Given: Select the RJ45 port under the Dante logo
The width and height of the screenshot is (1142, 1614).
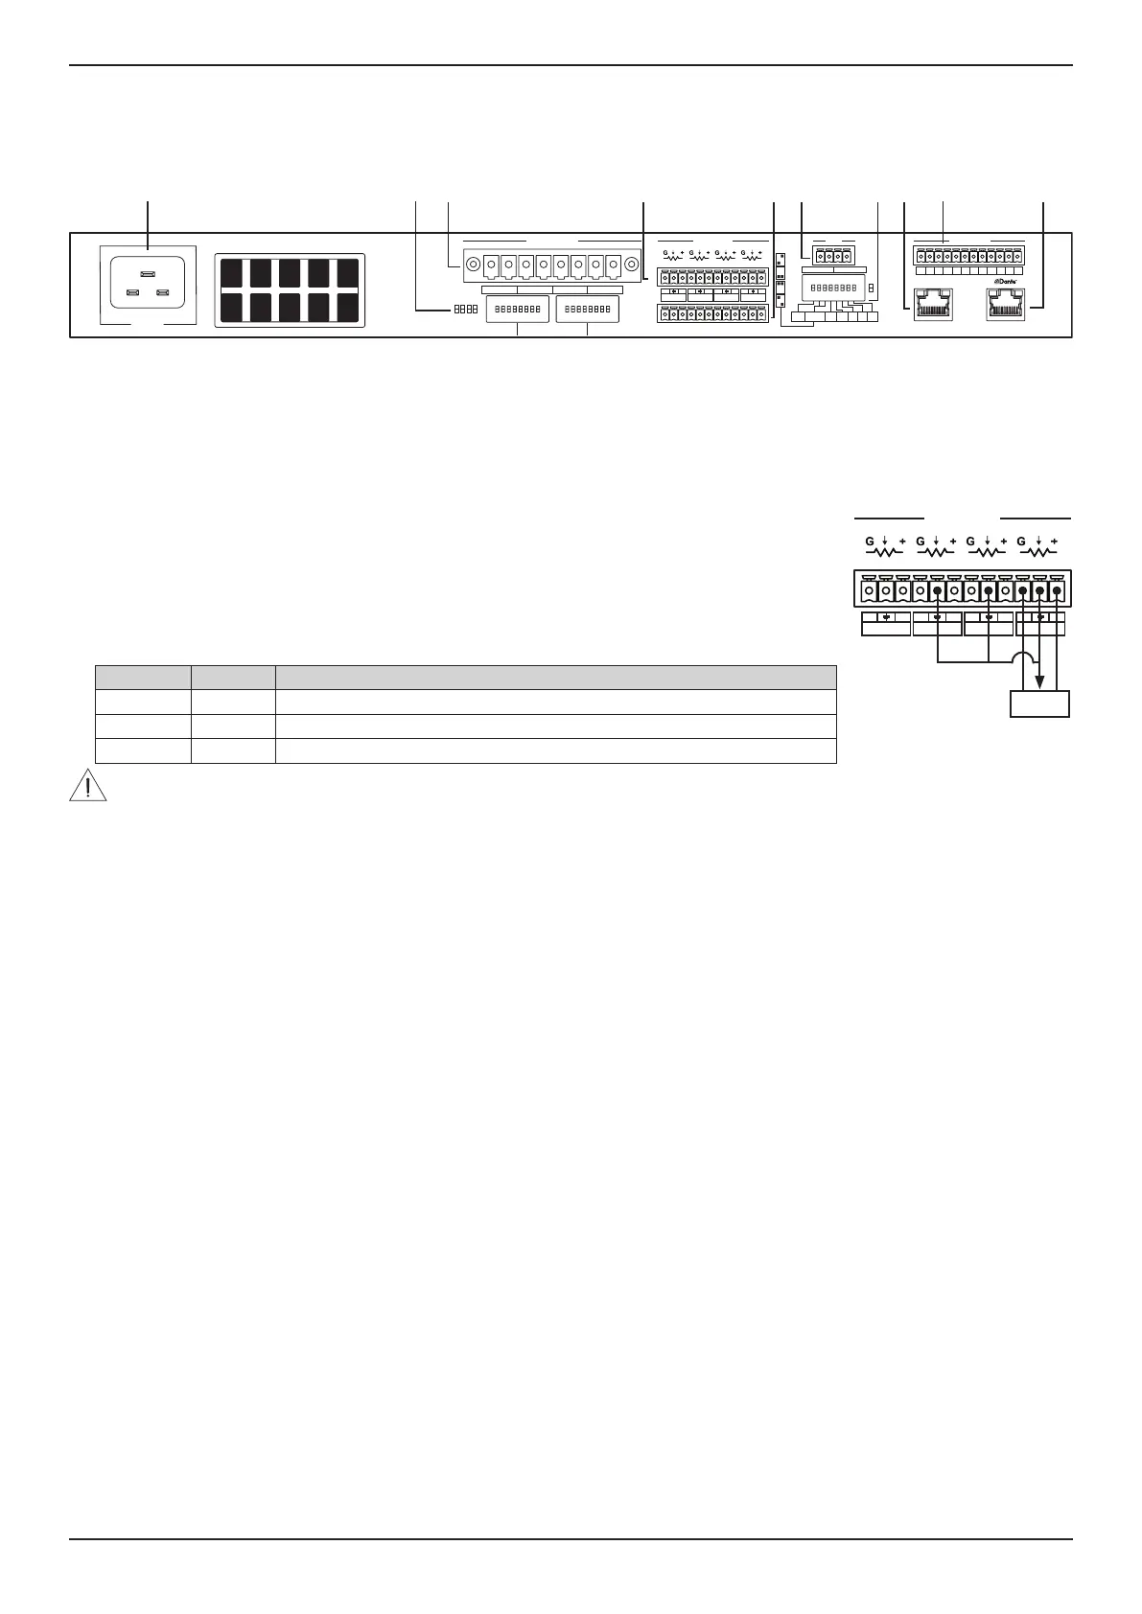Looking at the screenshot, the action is pyautogui.click(x=1005, y=306).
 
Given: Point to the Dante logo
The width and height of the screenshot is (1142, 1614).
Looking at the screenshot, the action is pyautogui.click(x=1004, y=282).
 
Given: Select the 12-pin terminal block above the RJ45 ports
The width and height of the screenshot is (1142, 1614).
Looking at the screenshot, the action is pyautogui.click(x=967, y=256).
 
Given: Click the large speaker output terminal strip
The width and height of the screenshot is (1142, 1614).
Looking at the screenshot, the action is pyautogui.click(x=551, y=264).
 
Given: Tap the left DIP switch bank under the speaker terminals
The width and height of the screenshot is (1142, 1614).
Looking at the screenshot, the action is pyautogui.click(x=518, y=309).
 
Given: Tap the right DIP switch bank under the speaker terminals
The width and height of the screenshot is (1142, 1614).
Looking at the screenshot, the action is pyautogui.click(x=587, y=309).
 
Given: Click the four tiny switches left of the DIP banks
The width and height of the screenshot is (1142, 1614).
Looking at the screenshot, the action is pyautogui.click(x=465, y=309).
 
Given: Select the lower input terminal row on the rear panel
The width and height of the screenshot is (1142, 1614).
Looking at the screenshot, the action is pyautogui.click(x=712, y=313).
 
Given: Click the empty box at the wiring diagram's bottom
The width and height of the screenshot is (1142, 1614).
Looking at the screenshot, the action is pyautogui.click(x=1040, y=704).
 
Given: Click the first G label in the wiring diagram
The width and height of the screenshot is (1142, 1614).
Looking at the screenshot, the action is pyautogui.click(x=870, y=542).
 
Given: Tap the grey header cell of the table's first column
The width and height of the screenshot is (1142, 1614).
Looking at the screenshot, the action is pyautogui.click(x=142, y=677).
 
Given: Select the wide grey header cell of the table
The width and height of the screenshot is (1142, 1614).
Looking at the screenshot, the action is pyautogui.click(x=556, y=677).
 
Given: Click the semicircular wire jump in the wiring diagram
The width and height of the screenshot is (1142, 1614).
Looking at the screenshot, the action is pyautogui.click(x=1022, y=657).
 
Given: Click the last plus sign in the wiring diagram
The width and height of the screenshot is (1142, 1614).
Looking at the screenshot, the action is pyautogui.click(x=1054, y=542).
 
